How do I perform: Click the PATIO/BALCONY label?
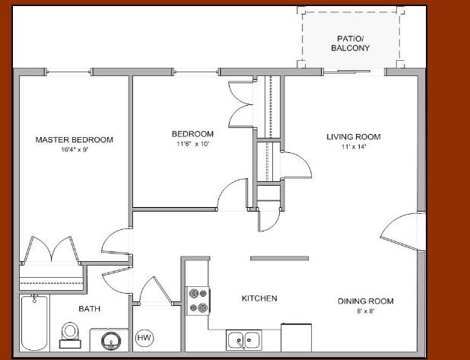point(350,43)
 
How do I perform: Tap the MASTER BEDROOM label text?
point(75,140)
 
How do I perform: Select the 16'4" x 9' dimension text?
point(75,150)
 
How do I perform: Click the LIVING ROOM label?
point(353,137)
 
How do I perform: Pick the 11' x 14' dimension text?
point(353,147)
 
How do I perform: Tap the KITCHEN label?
point(259,298)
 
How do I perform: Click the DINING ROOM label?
point(365,301)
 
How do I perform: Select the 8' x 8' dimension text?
point(365,311)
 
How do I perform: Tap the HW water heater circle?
point(143,337)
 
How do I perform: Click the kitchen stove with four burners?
point(198,299)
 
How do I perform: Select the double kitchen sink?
point(243,339)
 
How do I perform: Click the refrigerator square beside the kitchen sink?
point(296,337)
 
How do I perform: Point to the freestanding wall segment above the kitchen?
point(279,258)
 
